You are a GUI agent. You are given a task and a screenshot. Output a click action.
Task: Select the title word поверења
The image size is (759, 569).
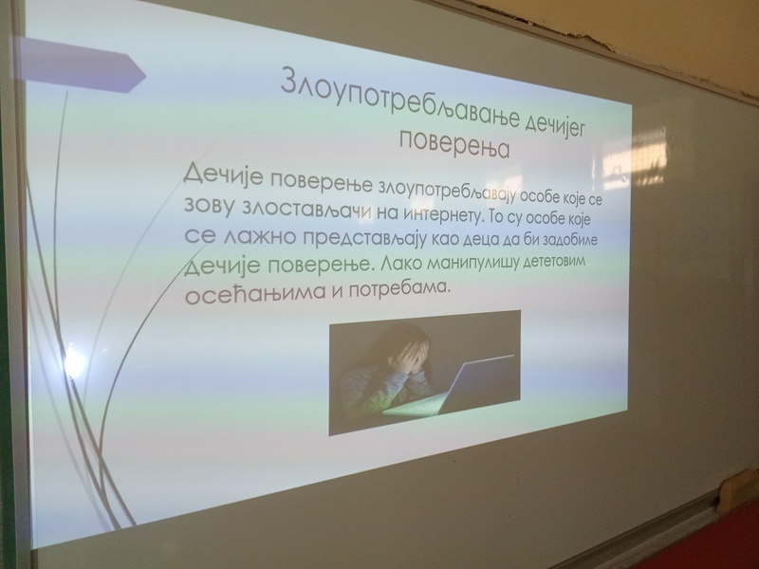[454, 144]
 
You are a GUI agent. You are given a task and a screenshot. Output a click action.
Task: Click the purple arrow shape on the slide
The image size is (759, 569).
[79, 65]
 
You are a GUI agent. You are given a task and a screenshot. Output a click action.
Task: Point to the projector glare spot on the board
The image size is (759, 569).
[73, 361]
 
